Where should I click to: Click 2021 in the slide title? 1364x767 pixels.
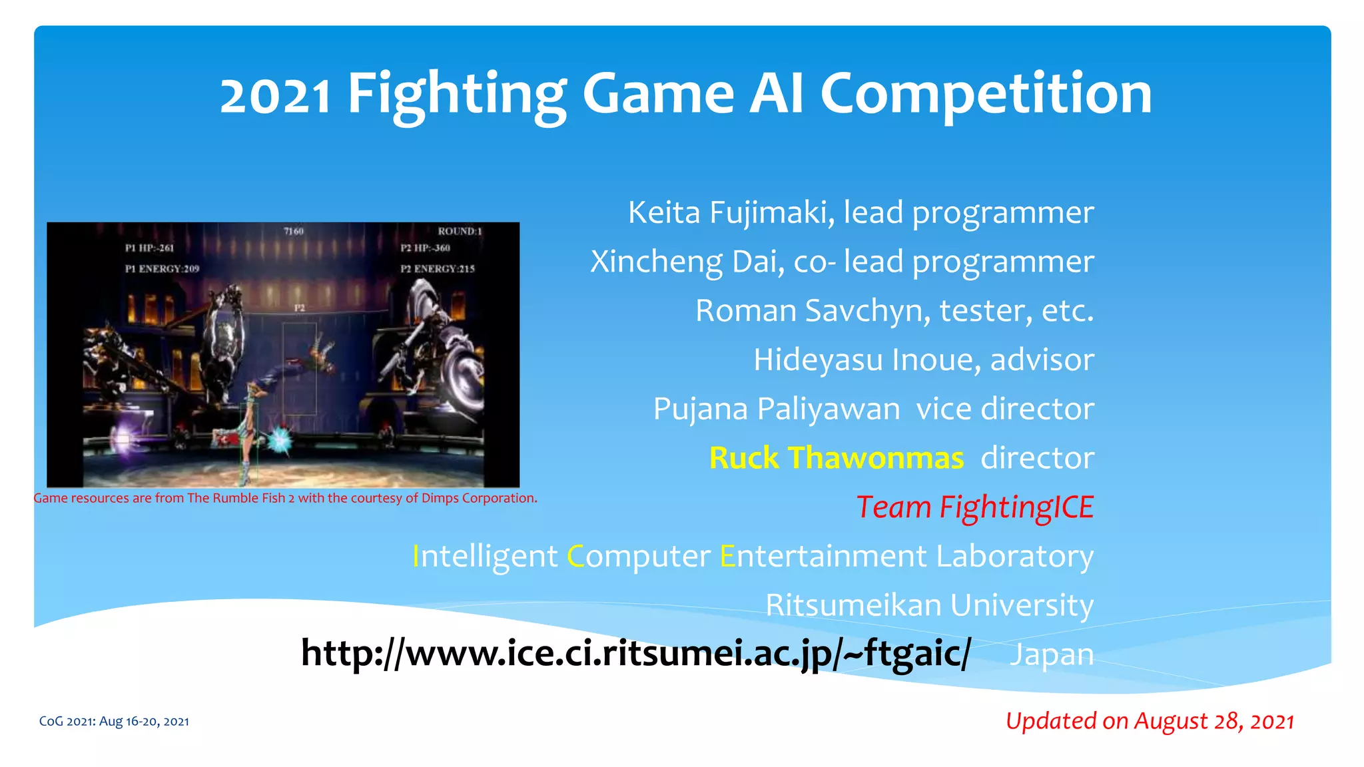[275, 95]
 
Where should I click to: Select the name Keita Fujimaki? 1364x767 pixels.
[731, 213]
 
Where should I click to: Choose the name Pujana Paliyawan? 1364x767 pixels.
[776, 409]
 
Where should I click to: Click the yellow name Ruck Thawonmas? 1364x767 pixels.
[837, 458]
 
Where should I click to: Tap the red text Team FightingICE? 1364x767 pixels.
[974, 507]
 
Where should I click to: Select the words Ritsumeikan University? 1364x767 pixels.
[929, 605]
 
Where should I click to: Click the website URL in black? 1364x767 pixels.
[636, 653]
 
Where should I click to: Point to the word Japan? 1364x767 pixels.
[1052, 654]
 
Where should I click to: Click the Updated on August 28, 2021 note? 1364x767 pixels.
[1150, 721]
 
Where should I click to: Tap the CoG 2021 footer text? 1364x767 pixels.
[114, 722]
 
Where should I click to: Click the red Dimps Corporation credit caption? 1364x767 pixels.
[285, 498]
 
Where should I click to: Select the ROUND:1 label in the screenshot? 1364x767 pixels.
[460, 232]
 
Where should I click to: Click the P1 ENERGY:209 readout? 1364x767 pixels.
[162, 269]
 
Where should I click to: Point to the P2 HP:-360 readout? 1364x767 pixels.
[425, 248]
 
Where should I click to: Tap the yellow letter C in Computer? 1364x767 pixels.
[575, 557]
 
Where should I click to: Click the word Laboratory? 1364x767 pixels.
[1014, 557]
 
